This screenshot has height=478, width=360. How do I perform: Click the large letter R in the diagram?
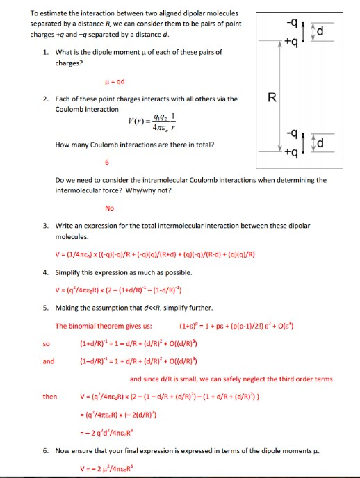(x=272, y=97)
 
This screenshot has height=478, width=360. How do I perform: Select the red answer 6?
(x=107, y=163)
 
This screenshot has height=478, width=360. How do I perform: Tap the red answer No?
(x=109, y=207)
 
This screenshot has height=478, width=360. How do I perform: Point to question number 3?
(x=45, y=226)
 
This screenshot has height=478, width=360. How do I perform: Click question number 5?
(x=45, y=306)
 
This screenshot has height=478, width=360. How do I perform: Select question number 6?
(x=45, y=451)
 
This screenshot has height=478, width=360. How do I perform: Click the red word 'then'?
(x=50, y=397)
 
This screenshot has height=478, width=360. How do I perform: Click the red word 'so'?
(x=47, y=343)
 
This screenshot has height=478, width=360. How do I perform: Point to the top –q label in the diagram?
(x=300, y=22)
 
